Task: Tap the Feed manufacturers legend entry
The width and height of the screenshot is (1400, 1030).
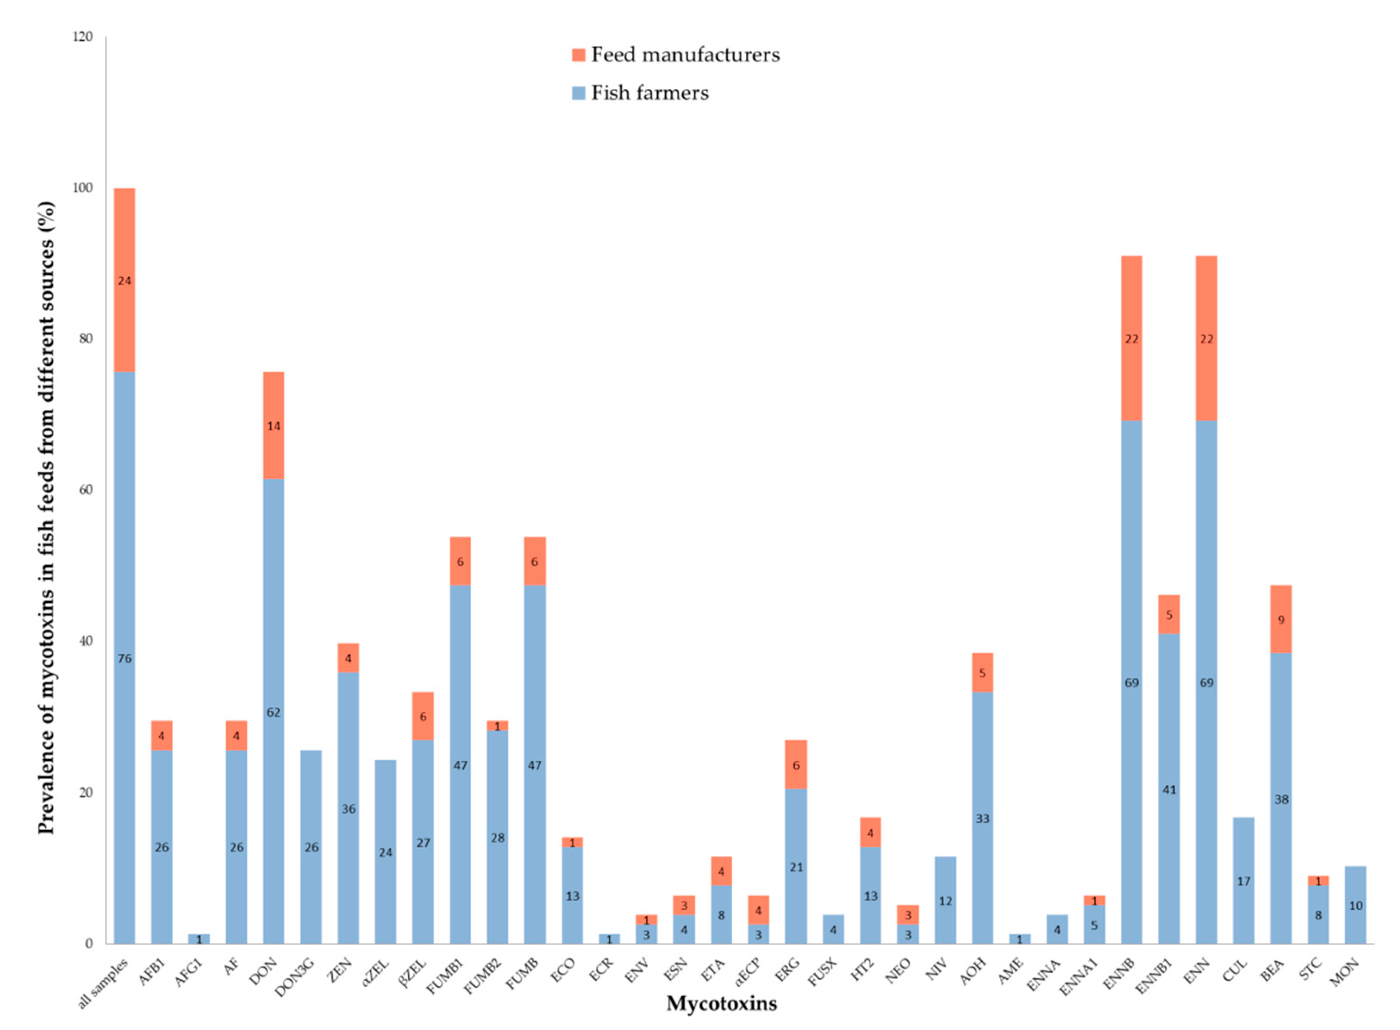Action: click(676, 55)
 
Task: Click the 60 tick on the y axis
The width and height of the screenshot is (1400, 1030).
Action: click(85, 490)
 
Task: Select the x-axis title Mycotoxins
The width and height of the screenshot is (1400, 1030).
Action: click(721, 1003)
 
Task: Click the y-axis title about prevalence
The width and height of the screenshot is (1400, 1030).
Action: click(46, 517)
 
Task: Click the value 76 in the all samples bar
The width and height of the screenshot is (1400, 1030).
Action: click(125, 658)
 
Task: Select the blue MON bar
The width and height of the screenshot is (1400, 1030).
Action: click(1355, 905)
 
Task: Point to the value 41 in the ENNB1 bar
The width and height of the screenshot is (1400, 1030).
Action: click(1169, 789)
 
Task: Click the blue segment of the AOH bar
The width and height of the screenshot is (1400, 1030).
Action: click(982, 818)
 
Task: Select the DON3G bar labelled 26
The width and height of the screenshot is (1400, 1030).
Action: click(311, 847)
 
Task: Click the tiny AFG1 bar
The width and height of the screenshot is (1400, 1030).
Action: click(199, 938)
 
